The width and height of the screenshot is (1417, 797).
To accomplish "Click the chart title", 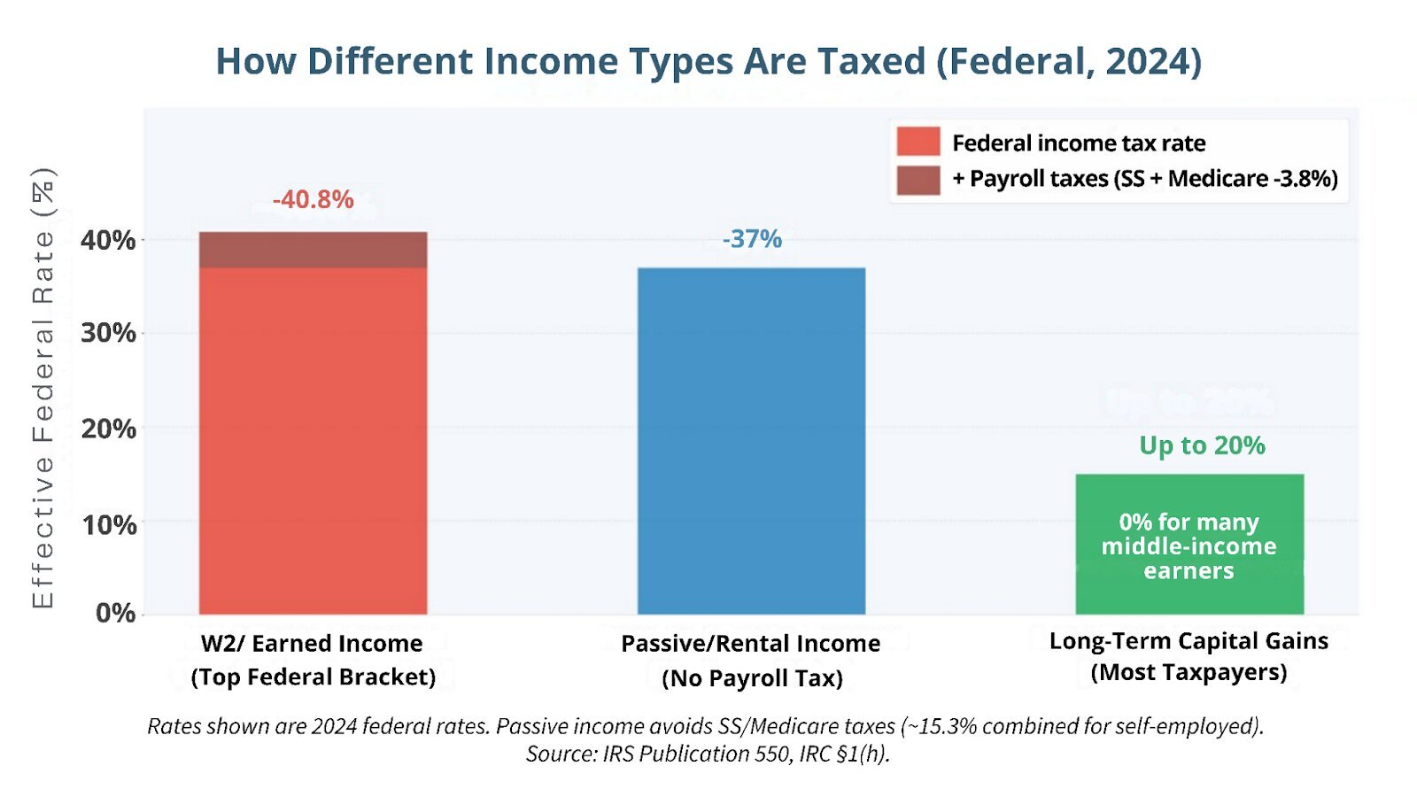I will (708, 61).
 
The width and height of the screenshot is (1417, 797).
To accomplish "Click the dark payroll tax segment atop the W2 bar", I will (313, 250).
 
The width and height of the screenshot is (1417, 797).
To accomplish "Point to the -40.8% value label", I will (313, 200).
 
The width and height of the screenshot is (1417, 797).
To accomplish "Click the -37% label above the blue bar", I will (752, 239).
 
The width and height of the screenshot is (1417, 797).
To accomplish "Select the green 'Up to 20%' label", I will (1202, 445).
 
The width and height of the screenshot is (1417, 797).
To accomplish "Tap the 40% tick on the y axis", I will (108, 240).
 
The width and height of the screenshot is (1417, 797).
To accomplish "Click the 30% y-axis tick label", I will (108, 333).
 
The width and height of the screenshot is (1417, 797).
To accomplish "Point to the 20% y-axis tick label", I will (108, 429).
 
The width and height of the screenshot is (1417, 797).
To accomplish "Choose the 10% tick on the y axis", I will (108, 524).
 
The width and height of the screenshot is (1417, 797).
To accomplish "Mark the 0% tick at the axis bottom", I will (115, 613).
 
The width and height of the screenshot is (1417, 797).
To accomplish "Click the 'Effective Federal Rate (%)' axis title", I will (43, 387).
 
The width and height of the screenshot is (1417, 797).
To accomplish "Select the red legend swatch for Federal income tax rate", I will (918, 142).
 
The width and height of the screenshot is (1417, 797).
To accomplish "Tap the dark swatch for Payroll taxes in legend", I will (918, 179).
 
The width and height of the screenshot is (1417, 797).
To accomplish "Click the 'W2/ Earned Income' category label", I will (312, 643).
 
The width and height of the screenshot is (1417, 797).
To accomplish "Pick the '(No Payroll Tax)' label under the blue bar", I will (752, 678).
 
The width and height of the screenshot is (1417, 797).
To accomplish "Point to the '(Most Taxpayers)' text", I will (1189, 672).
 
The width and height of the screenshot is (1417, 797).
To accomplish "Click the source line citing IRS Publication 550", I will (708, 754).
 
